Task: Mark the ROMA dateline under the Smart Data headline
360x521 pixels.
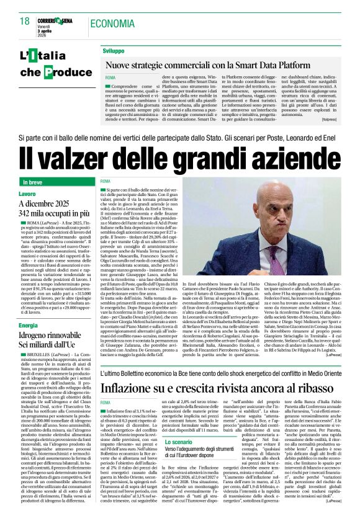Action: pos(110,78)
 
